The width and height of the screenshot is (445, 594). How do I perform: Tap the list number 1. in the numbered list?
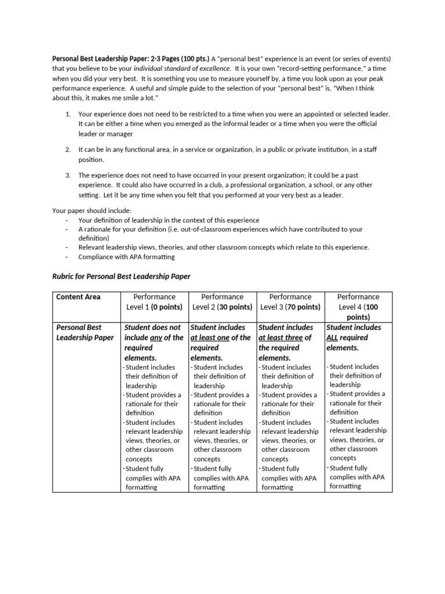67,115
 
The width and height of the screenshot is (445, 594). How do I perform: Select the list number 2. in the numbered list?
67,150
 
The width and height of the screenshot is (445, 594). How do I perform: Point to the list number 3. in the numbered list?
67,175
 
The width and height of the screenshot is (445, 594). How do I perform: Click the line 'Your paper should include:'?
92,211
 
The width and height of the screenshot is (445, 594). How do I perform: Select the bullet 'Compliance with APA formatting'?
126,256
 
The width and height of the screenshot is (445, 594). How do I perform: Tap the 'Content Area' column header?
78,297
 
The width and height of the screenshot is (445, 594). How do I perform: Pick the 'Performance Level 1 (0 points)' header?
154,302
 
